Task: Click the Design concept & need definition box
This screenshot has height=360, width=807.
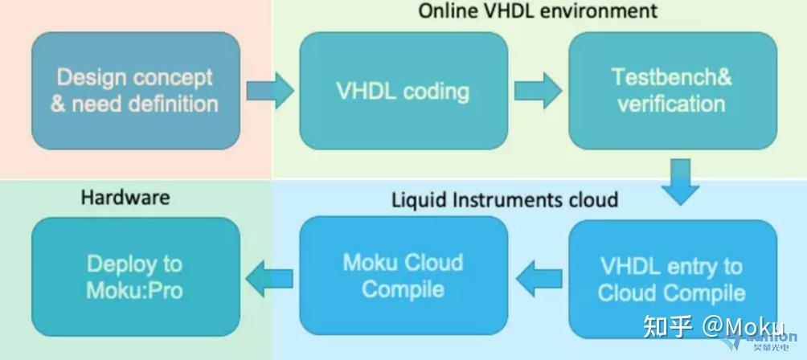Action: tap(135, 90)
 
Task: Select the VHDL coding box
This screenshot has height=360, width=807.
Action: tap(403, 90)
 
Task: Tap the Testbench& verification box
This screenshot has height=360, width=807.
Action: tap(672, 90)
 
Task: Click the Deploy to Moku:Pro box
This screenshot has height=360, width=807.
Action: tap(135, 276)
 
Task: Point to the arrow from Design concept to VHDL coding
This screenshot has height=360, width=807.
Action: tap(269, 90)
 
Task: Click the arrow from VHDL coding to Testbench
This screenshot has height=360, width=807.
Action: tap(538, 90)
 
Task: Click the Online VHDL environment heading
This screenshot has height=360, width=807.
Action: tap(538, 10)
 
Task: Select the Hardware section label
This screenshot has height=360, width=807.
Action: tap(125, 198)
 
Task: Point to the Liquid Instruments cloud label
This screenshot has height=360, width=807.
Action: tap(505, 198)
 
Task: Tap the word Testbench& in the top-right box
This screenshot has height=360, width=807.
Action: tap(672, 77)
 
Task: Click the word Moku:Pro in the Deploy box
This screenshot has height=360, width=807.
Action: tap(135, 289)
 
